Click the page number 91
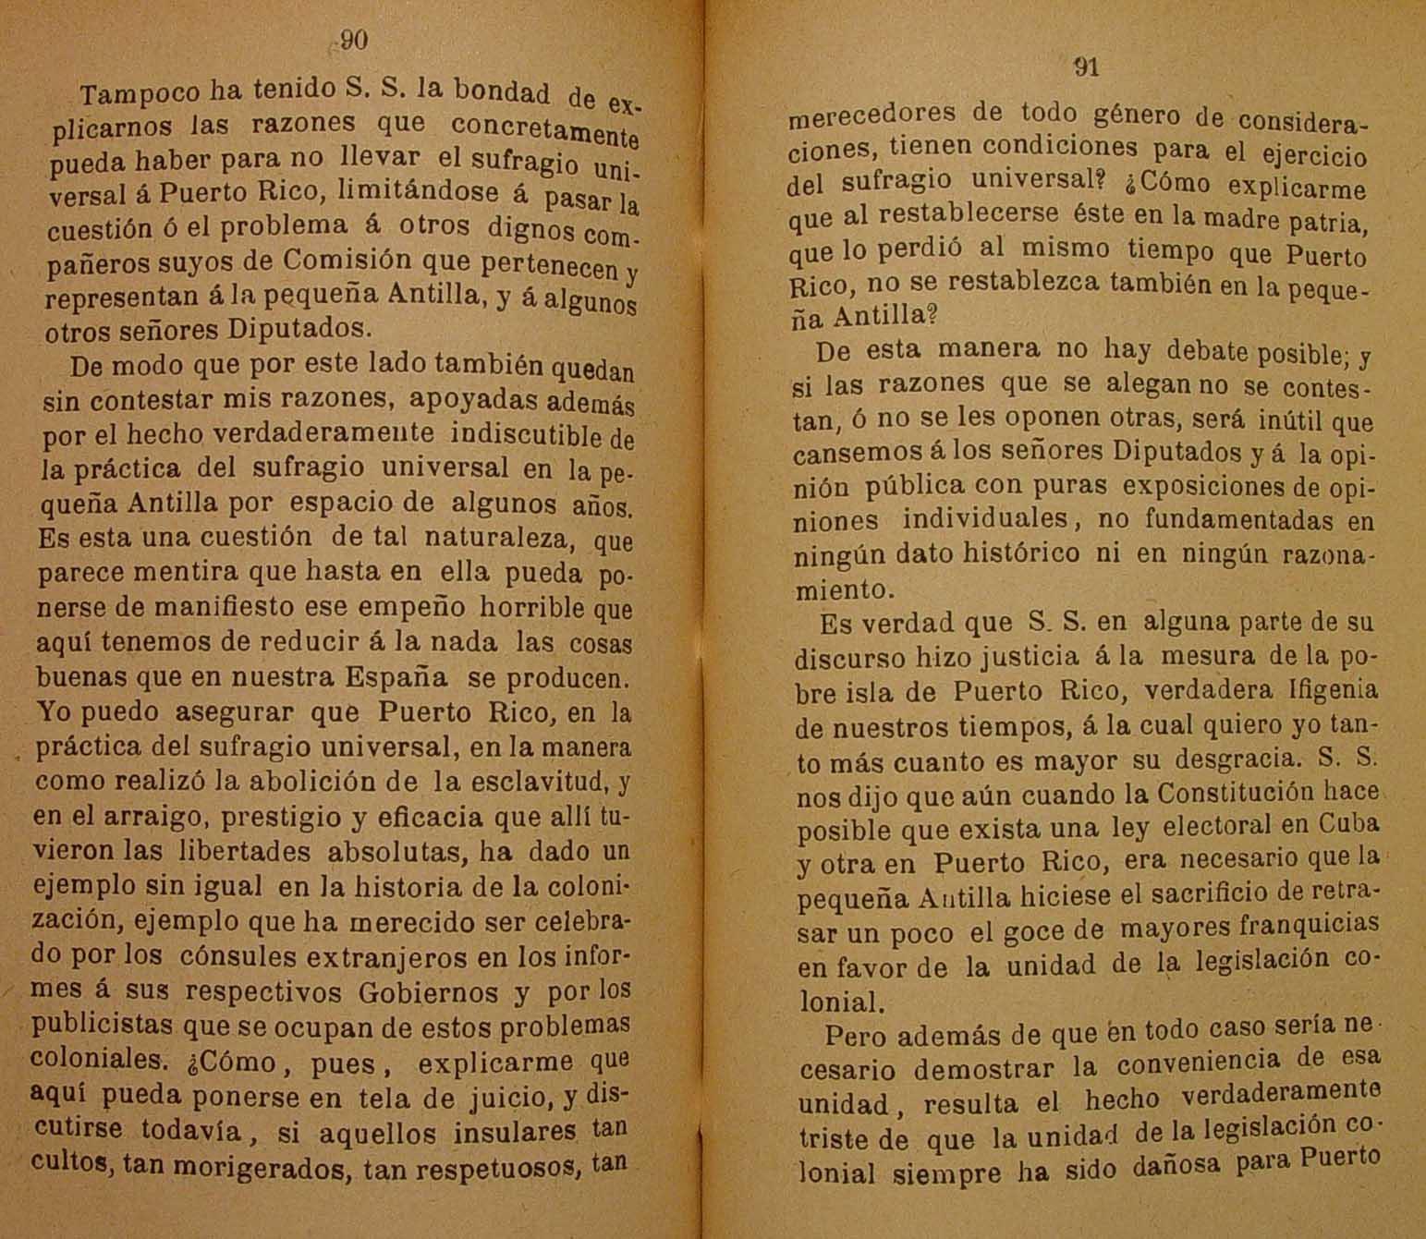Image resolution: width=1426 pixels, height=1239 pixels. pos(1086,67)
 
